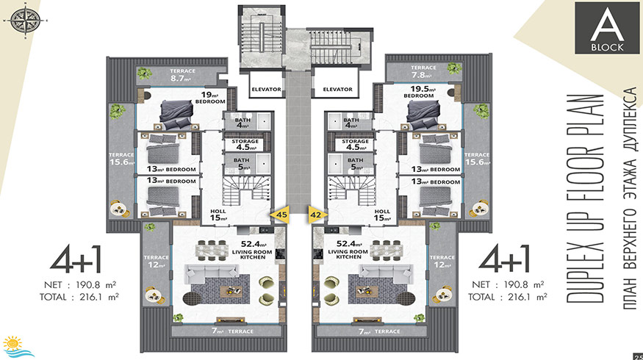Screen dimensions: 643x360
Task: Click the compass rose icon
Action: tap(26, 20)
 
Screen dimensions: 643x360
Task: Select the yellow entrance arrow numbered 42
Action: tap(317, 215)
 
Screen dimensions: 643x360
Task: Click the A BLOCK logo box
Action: tap(607, 27)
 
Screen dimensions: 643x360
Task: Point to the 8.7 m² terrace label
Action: tap(182, 75)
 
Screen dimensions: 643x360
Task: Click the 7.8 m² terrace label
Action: tap(423, 71)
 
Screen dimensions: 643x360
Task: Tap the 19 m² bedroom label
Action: tap(210, 97)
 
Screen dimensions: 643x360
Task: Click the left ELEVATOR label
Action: tap(266, 89)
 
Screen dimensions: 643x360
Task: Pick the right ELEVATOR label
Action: tap(337, 89)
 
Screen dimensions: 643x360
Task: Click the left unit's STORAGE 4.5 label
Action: tap(245, 144)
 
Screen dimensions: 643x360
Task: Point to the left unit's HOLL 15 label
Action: tap(218, 215)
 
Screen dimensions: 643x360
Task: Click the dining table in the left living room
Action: tap(212, 251)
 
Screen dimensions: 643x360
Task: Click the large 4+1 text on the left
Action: tap(76, 259)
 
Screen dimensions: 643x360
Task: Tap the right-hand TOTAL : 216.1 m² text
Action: tap(508, 297)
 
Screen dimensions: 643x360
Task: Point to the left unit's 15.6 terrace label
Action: tap(122, 159)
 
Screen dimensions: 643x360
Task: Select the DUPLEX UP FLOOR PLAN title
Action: tap(585, 199)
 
